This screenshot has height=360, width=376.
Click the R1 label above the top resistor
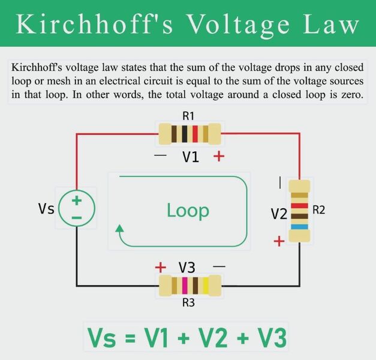coord(188,116)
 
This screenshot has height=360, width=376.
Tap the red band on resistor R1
coord(195,134)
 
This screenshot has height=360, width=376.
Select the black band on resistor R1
coord(185,134)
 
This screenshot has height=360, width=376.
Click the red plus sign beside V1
coord(219,157)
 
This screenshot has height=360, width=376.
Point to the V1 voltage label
coord(191,157)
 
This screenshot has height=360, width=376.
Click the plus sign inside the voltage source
coord(77,200)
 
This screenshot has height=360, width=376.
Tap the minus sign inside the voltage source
coord(77,218)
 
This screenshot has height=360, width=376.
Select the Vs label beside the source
coord(46,208)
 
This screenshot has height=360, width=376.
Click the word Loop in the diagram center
coord(188,211)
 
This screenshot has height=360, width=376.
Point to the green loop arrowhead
coord(119,228)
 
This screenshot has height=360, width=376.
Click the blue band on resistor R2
coord(299,227)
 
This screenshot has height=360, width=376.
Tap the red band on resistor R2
coord(299,206)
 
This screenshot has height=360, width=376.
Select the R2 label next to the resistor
coord(318,210)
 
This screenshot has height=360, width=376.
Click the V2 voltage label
coord(279,214)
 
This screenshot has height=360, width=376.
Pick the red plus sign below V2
coord(279,241)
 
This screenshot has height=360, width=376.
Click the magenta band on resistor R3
coord(185,286)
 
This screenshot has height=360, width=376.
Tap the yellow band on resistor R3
coord(206,286)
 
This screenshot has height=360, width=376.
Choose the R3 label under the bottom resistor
coord(188,302)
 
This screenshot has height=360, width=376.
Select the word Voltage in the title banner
coord(238,25)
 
